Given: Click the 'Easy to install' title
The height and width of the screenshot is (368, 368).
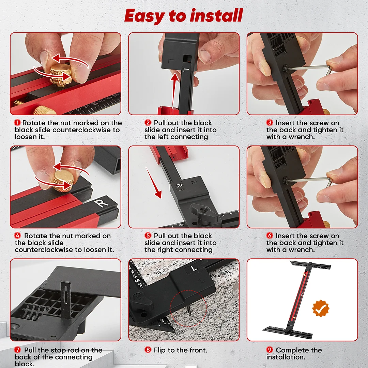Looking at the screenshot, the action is coord(184,16).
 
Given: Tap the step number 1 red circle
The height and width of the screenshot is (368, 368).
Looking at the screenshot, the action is coord(17,123).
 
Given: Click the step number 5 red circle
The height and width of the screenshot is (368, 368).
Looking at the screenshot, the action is coord(148,235).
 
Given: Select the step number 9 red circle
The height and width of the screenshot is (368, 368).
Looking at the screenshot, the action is coord(270,350).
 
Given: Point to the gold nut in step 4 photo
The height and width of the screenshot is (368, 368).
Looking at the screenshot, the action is coord(64,181).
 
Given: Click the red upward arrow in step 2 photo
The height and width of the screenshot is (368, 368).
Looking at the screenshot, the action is coord(174,91).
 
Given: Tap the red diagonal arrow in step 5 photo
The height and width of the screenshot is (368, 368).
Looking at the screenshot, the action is coord(153,183).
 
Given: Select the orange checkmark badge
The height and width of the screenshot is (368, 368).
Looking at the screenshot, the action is coord(321,308).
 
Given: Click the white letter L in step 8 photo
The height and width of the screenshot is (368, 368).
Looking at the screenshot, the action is coord(194,268).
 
